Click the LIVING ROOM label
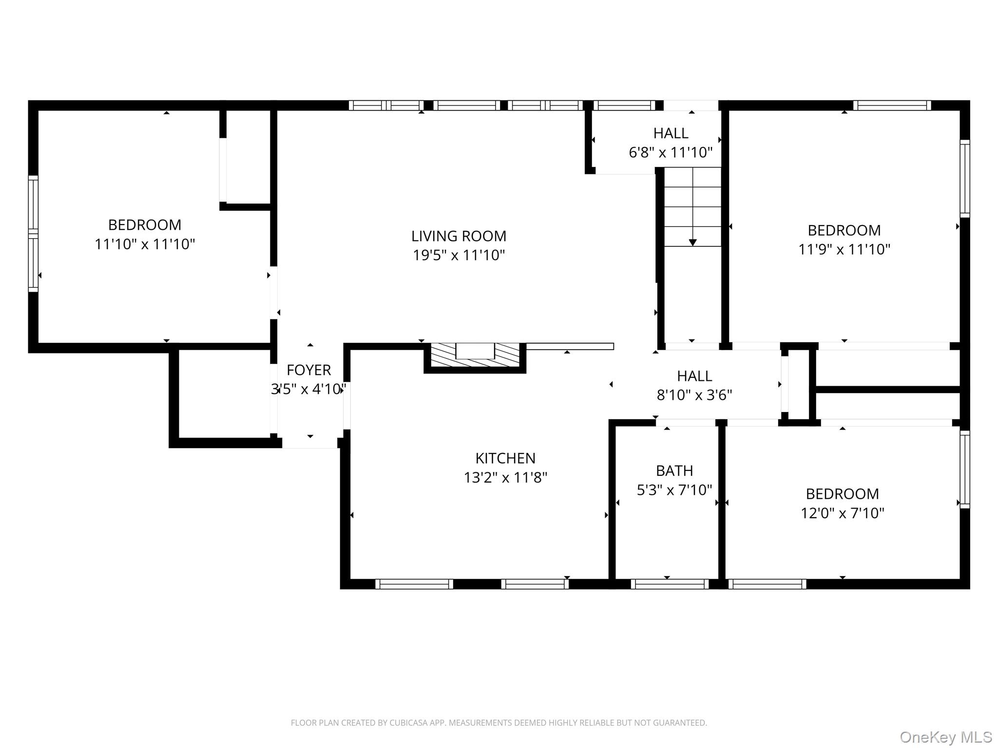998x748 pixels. pyautogui.click(x=459, y=236)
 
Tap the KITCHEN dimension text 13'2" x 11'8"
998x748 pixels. pyautogui.click(x=505, y=478)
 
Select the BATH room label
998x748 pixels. pyautogui.click(x=674, y=471)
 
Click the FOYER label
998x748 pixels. pyautogui.click(x=308, y=370)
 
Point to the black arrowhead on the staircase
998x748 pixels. pyautogui.click(x=692, y=243)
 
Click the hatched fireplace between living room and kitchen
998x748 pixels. pyautogui.click(x=475, y=356)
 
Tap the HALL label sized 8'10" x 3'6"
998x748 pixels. pyautogui.click(x=694, y=376)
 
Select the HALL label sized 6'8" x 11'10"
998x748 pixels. pyautogui.click(x=671, y=133)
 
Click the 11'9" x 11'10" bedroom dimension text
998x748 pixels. pyautogui.click(x=844, y=249)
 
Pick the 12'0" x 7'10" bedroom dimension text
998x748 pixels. pyautogui.click(x=842, y=513)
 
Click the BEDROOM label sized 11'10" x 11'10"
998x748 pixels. pyautogui.click(x=145, y=225)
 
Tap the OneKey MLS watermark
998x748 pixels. pyautogui.click(x=945, y=737)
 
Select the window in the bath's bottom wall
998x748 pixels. pyautogui.click(x=670, y=584)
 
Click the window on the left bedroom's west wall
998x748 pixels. pyautogui.click(x=33, y=234)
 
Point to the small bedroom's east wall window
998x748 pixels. pyautogui.click(x=964, y=469)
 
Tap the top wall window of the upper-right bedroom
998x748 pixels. pyautogui.click(x=892, y=105)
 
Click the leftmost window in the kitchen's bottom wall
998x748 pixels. pyautogui.click(x=414, y=584)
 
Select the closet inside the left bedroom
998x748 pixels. pyautogui.click(x=248, y=156)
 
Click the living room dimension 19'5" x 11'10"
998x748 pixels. pyautogui.click(x=459, y=255)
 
